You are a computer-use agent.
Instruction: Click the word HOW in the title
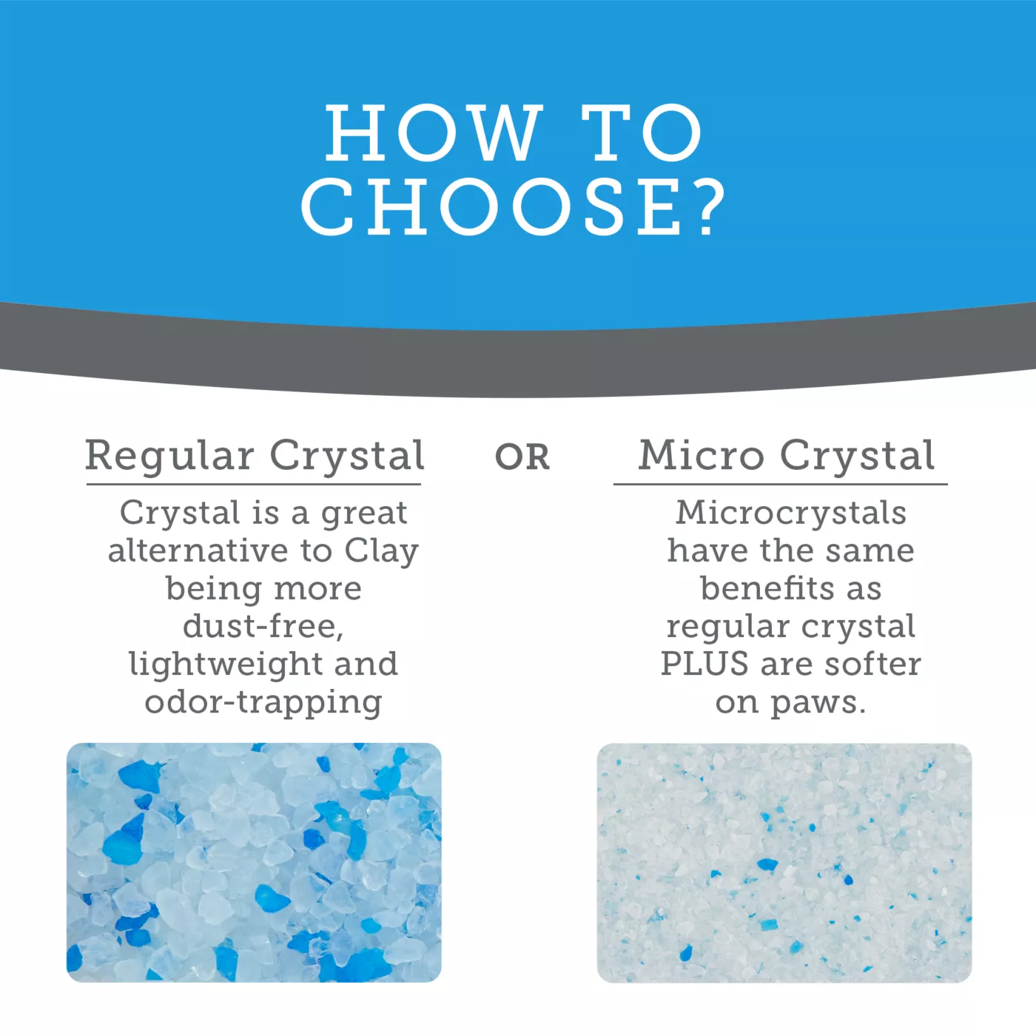(x=434, y=132)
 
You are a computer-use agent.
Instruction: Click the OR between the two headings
(x=522, y=457)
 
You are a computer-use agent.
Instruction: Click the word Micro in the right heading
(x=701, y=455)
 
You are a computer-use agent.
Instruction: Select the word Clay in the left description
(x=381, y=552)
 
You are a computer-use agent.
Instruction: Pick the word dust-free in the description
(x=263, y=626)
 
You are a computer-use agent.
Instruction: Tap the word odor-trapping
(x=263, y=703)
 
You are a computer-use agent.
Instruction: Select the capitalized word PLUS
(x=704, y=664)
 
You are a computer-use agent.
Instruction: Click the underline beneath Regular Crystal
(x=254, y=485)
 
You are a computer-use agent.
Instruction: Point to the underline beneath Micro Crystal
(x=780, y=485)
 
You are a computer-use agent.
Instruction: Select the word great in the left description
(x=364, y=514)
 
